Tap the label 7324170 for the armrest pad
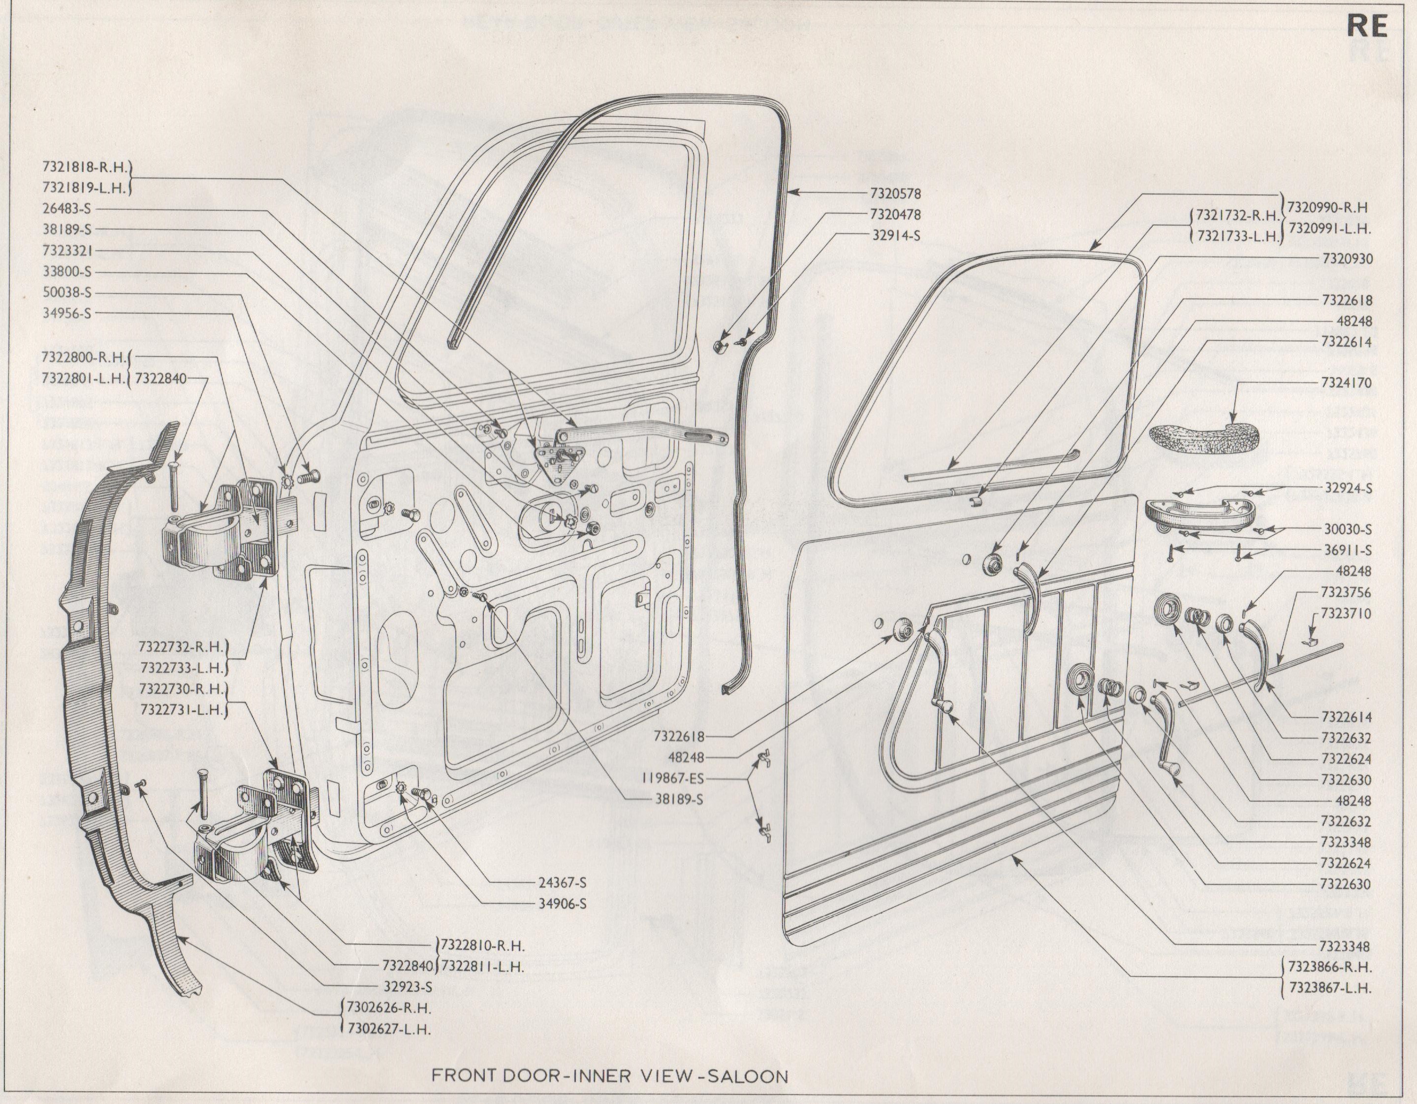(1345, 383)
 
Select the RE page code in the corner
(1367, 27)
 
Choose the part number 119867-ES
(669, 778)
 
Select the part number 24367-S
(562, 883)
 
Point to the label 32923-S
(408, 987)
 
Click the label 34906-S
(562, 904)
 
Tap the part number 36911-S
(1348, 551)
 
